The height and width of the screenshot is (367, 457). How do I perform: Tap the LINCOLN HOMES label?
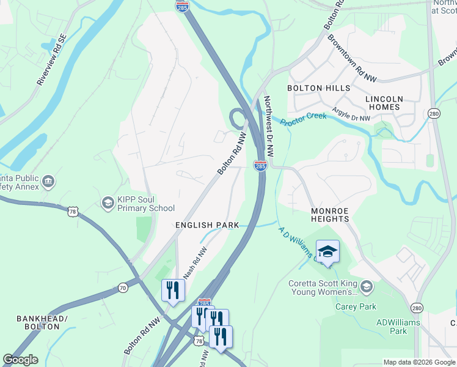[384, 103]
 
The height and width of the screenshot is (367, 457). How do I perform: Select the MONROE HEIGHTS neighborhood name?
[329, 215]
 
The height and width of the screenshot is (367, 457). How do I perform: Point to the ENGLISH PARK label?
[207, 225]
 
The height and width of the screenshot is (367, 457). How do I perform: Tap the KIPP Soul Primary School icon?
[108, 202]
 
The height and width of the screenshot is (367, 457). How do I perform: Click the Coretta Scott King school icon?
[366, 286]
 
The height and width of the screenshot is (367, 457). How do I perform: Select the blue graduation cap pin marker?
[327, 252]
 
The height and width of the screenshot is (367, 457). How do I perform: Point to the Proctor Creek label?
[304, 118]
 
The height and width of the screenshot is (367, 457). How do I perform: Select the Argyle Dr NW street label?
[351, 114]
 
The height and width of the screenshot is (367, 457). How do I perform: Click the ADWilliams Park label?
[392, 327]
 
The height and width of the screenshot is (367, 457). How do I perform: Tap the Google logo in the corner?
[20, 360]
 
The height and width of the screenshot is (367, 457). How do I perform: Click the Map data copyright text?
[419, 362]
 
